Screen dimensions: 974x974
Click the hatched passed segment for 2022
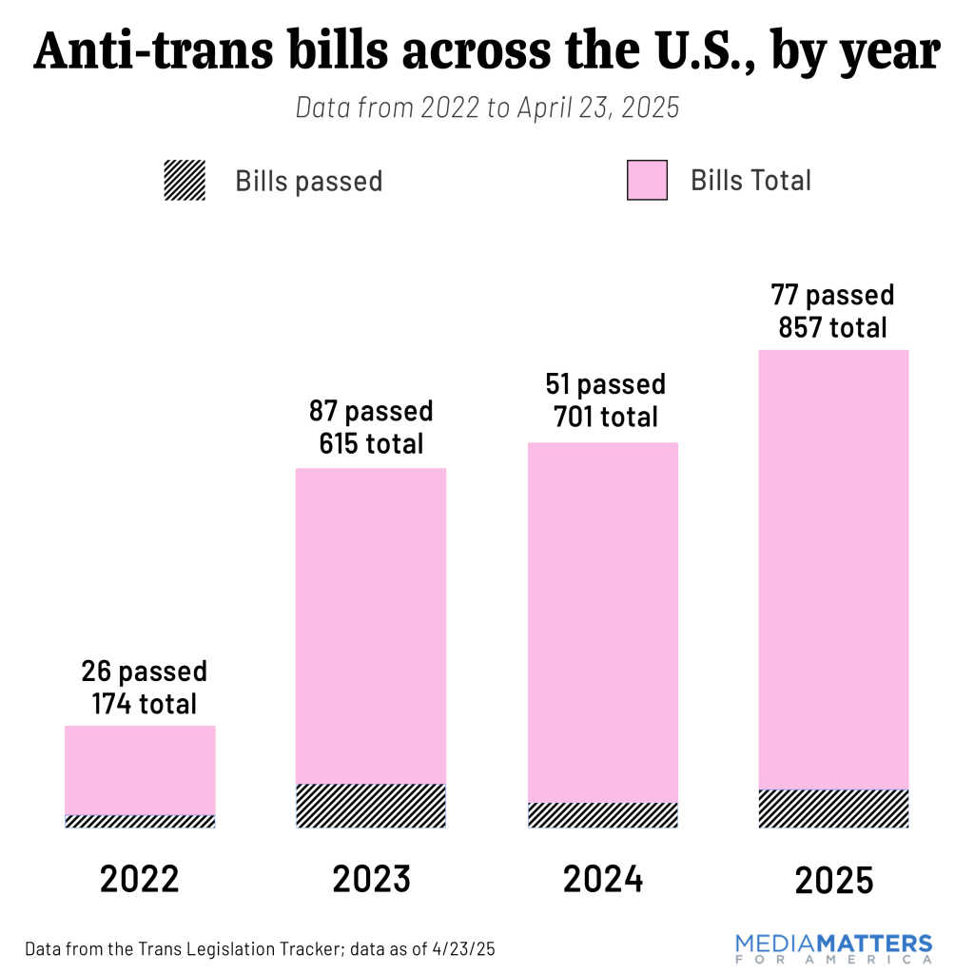tap(140, 821)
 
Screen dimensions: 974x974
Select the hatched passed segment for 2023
tap(371, 806)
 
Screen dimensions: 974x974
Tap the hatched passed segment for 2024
tap(603, 815)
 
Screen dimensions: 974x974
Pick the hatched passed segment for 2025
tap(834, 808)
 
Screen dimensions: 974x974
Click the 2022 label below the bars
tap(140, 880)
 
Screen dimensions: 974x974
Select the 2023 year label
tap(371, 880)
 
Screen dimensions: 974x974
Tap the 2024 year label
tap(603, 880)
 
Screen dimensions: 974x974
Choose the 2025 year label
tap(834, 881)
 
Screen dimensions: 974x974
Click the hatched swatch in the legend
tap(185, 181)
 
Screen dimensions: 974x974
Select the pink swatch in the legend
tap(648, 181)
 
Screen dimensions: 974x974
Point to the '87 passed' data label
tap(371, 412)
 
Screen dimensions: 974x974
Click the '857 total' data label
tap(832, 327)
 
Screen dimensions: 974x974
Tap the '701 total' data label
tap(603, 416)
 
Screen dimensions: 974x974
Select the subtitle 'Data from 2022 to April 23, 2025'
tap(487, 107)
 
